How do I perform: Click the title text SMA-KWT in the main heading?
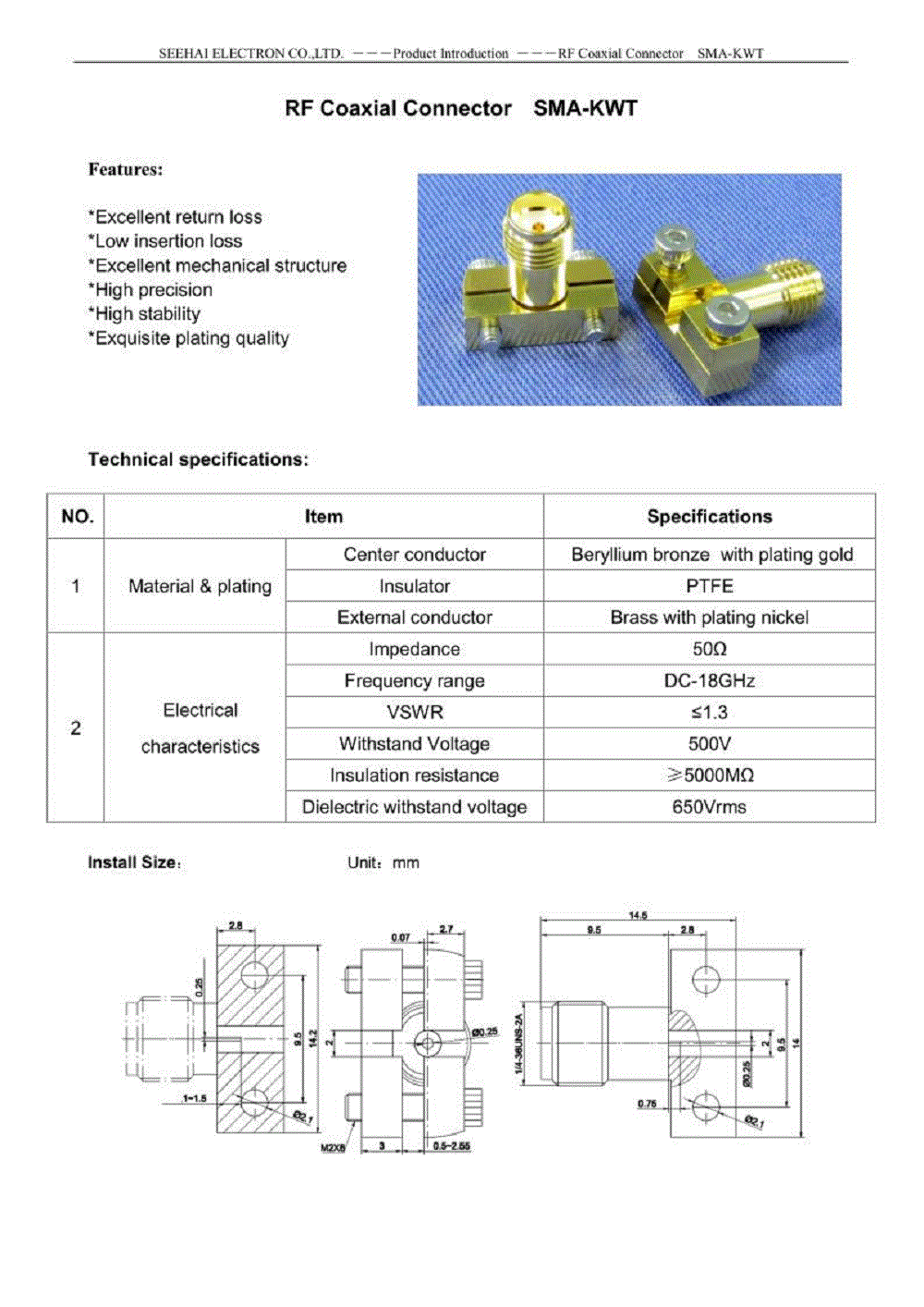point(585,108)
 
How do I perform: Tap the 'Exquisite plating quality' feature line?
point(188,338)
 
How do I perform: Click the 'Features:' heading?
point(126,169)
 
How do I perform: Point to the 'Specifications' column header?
point(709,517)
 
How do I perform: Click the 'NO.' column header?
point(77,517)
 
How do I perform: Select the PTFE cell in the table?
point(709,586)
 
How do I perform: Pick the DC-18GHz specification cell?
point(709,681)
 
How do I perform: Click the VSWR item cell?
point(414,713)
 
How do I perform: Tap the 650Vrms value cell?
point(709,807)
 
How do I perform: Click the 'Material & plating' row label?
point(200,586)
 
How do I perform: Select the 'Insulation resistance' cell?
point(414,776)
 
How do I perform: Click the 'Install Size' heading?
point(133,862)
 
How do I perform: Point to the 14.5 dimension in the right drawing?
point(638,915)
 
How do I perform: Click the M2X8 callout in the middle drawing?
point(333,1148)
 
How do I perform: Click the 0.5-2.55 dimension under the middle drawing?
point(452,1146)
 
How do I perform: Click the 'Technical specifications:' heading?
point(198,459)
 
